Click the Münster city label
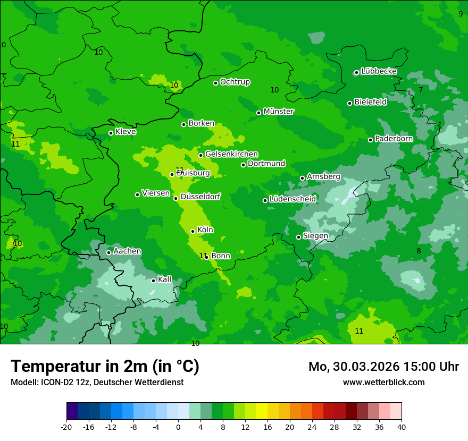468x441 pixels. pos(279,112)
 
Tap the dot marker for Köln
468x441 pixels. pos(193,231)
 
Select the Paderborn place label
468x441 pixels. pos(394,139)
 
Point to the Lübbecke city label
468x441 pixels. pos(379,71)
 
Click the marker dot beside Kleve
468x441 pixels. pos(111,133)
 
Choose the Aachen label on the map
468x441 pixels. pos(127,251)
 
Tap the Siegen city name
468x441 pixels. pos(315,236)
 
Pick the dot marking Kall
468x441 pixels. pos(153,281)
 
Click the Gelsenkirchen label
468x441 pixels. pos(231,154)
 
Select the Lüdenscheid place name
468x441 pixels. pos(292,199)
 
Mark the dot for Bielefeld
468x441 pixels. pos(349,103)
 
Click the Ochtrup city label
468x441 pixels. pos(235,82)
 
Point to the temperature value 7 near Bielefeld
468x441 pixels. pos(421,90)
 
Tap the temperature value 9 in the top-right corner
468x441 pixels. pos(461,14)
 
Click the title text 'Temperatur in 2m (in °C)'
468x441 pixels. pos(105,367)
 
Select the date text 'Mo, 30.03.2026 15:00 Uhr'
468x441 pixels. pos(383,367)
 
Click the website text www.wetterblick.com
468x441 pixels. pos(383,383)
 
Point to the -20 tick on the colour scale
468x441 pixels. pos(66,427)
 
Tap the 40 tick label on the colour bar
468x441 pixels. pos(402,427)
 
